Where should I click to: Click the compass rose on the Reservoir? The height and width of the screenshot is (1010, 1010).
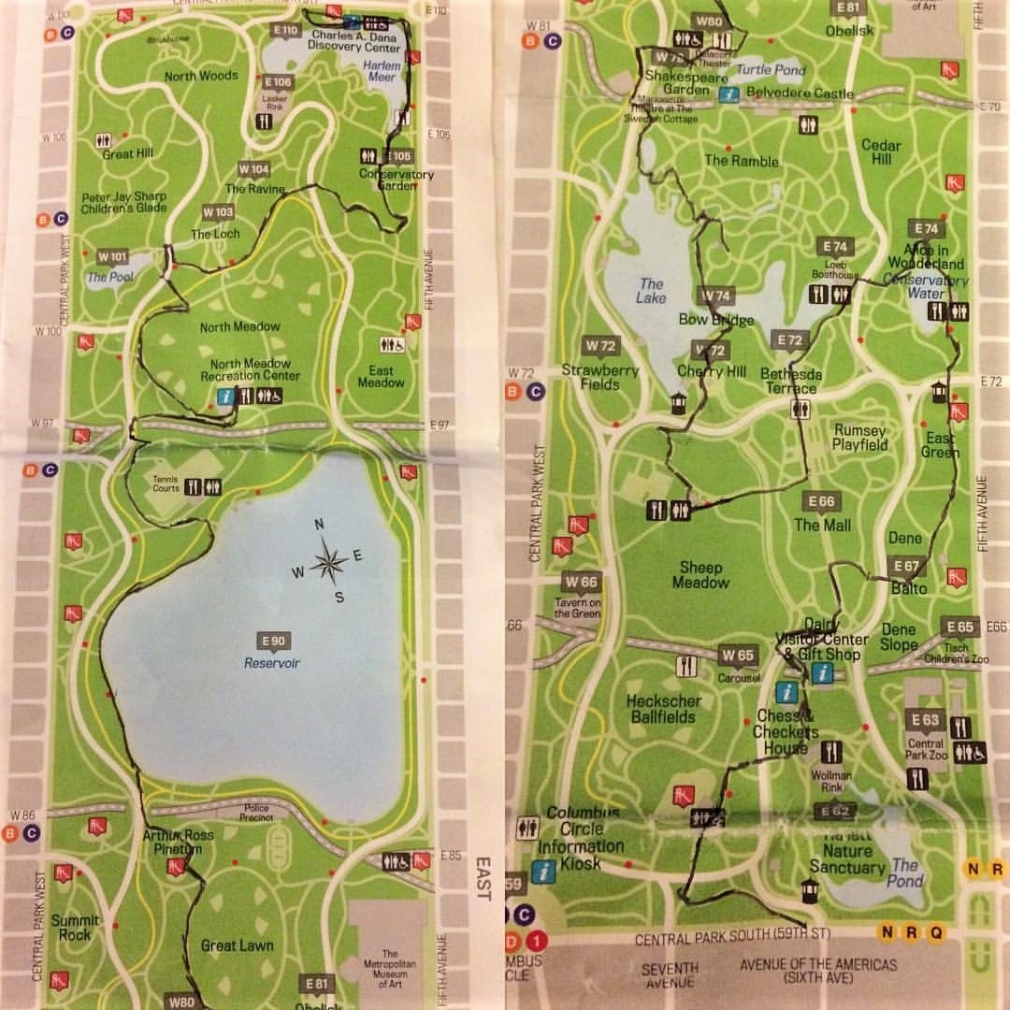[x=326, y=562]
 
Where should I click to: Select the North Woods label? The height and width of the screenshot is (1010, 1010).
[x=201, y=76]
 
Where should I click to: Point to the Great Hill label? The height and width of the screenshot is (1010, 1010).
[x=127, y=153]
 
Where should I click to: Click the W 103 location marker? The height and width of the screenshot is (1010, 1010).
[x=217, y=212]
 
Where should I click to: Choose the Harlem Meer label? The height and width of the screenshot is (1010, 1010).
[x=381, y=71]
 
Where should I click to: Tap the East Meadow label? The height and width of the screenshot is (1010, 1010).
[x=381, y=376]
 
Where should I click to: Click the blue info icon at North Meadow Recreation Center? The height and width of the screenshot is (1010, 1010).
[x=224, y=397]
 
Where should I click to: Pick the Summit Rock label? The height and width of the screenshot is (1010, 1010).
[x=76, y=927]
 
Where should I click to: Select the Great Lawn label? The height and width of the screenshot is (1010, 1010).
[x=238, y=945]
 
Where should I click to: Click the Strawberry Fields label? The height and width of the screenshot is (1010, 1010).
[x=599, y=377]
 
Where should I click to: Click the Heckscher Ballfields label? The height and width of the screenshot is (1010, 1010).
[x=661, y=709]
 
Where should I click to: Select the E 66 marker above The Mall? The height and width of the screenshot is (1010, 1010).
[x=820, y=502]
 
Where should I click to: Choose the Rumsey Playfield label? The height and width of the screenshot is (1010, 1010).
[x=859, y=438]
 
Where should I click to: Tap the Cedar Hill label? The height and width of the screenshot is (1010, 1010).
[x=881, y=151]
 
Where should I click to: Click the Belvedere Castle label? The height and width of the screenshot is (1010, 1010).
[x=801, y=94]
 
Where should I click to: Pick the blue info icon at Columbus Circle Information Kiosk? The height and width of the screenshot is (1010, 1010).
[x=543, y=872]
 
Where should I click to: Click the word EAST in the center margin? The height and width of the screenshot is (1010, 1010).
[x=483, y=878]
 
